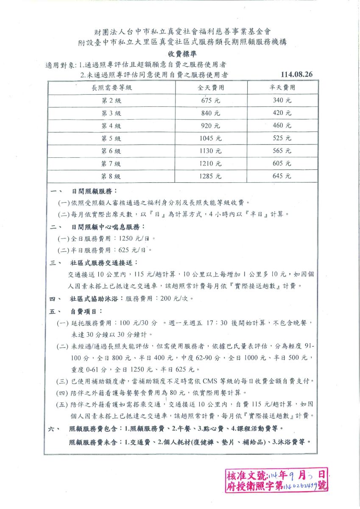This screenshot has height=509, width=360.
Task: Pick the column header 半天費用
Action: click(x=282, y=88)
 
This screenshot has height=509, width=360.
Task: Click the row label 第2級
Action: click(x=112, y=101)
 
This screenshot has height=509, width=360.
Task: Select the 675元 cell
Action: click(x=211, y=101)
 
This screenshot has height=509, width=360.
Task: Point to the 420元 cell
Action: click(x=282, y=113)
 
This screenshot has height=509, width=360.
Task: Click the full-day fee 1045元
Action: click(x=211, y=138)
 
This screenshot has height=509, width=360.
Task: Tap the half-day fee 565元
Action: click(x=282, y=151)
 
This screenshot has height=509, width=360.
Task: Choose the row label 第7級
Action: click(x=112, y=163)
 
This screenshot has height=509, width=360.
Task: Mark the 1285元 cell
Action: click(x=211, y=176)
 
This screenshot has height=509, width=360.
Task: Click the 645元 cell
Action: click(x=282, y=176)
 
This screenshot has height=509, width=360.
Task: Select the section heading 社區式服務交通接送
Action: click(x=103, y=263)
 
